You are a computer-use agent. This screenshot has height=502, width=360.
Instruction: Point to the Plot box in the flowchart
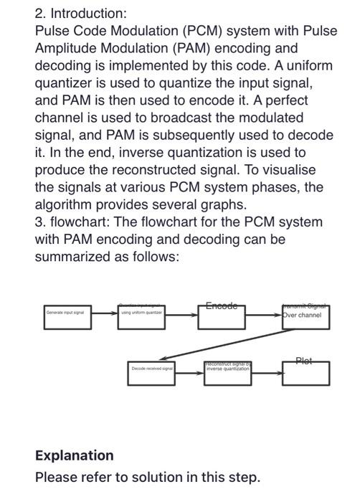tap(306, 372)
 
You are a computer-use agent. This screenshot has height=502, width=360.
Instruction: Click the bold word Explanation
tap(74, 455)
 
